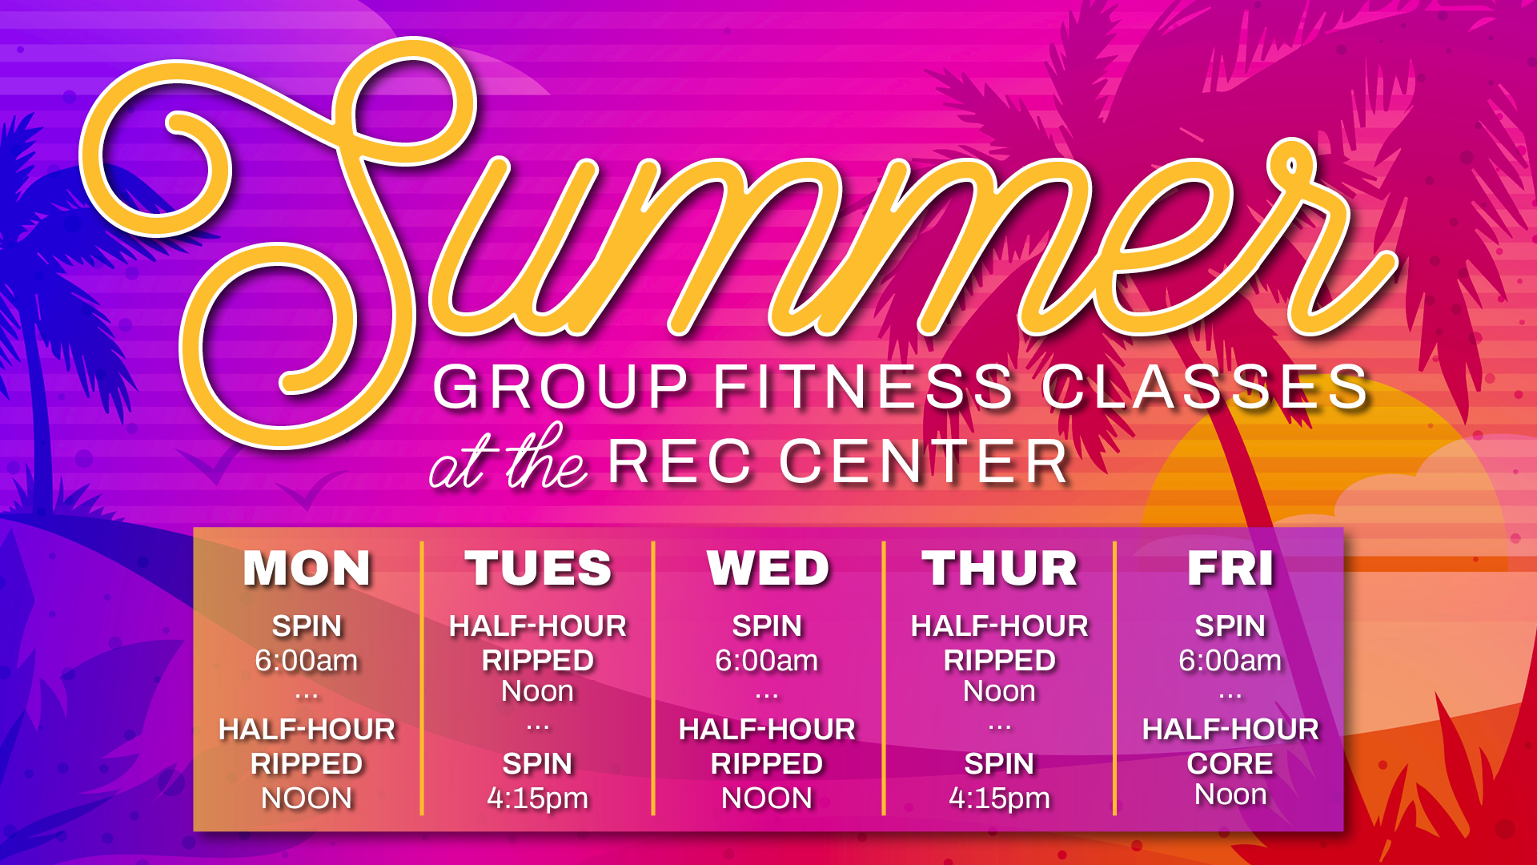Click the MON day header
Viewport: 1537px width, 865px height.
pyautogui.click(x=307, y=569)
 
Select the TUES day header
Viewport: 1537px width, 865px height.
pyautogui.click(x=538, y=569)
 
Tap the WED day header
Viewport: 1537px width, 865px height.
pyautogui.click(x=768, y=569)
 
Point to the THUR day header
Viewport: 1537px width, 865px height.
pyautogui.click(x=999, y=569)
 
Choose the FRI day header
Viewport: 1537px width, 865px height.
pyautogui.click(x=1230, y=569)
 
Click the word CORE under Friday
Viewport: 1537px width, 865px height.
pyautogui.click(x=1230, y=763)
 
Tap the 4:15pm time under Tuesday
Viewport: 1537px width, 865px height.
pyautogui.click(x=538, y=799)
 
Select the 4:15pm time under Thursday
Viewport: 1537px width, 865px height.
pyautogui.click(x=999, y=799)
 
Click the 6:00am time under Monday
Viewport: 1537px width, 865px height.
pyautogui.click(x=307, y=661)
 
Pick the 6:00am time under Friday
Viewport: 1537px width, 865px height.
pyautogui.click(x=1230, y=661)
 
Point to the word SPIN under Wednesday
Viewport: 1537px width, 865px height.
pyautogui.click(x=767, y=626)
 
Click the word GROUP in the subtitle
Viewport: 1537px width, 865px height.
pyautogui.click(x=560, y=387)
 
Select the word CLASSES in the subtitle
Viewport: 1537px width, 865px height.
pyautogui.click(x=1205, y=387)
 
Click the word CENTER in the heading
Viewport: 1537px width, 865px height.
pyautogui.click(x=925, y=462)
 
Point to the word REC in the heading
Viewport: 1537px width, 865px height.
pyautogui.click(x=680, y=462)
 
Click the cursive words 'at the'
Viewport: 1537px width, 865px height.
pyautogui.click(x=509, y=458)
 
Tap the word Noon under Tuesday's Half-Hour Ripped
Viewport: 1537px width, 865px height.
pyautogui.click(x=538, y=691)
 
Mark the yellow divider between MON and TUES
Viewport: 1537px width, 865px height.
pyautogui.click(x=422, y=678)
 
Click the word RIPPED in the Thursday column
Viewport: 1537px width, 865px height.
pyautogui.click(x=999, y=661)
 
